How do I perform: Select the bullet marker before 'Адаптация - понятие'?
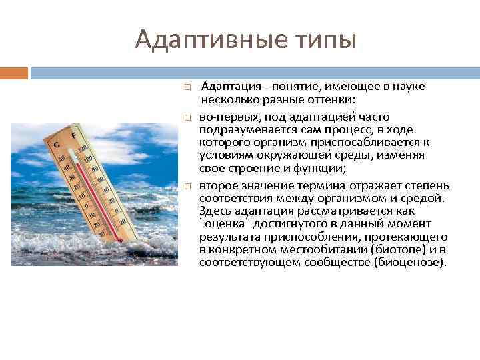tap(189, 87)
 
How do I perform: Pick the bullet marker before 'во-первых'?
tap(189, 117)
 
